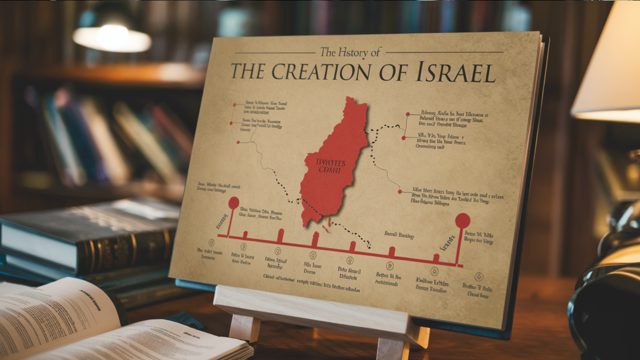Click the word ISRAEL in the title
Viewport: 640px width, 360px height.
456,73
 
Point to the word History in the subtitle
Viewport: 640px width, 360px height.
353,52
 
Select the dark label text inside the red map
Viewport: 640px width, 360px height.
330,166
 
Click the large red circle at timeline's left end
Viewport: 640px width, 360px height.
234,203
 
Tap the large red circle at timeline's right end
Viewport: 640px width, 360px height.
462,221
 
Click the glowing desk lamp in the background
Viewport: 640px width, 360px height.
112,38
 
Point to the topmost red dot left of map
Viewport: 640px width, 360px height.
235,105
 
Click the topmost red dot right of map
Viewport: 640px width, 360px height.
408,114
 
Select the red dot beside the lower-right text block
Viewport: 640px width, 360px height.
400,192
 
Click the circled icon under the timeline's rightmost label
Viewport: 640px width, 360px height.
479,277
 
